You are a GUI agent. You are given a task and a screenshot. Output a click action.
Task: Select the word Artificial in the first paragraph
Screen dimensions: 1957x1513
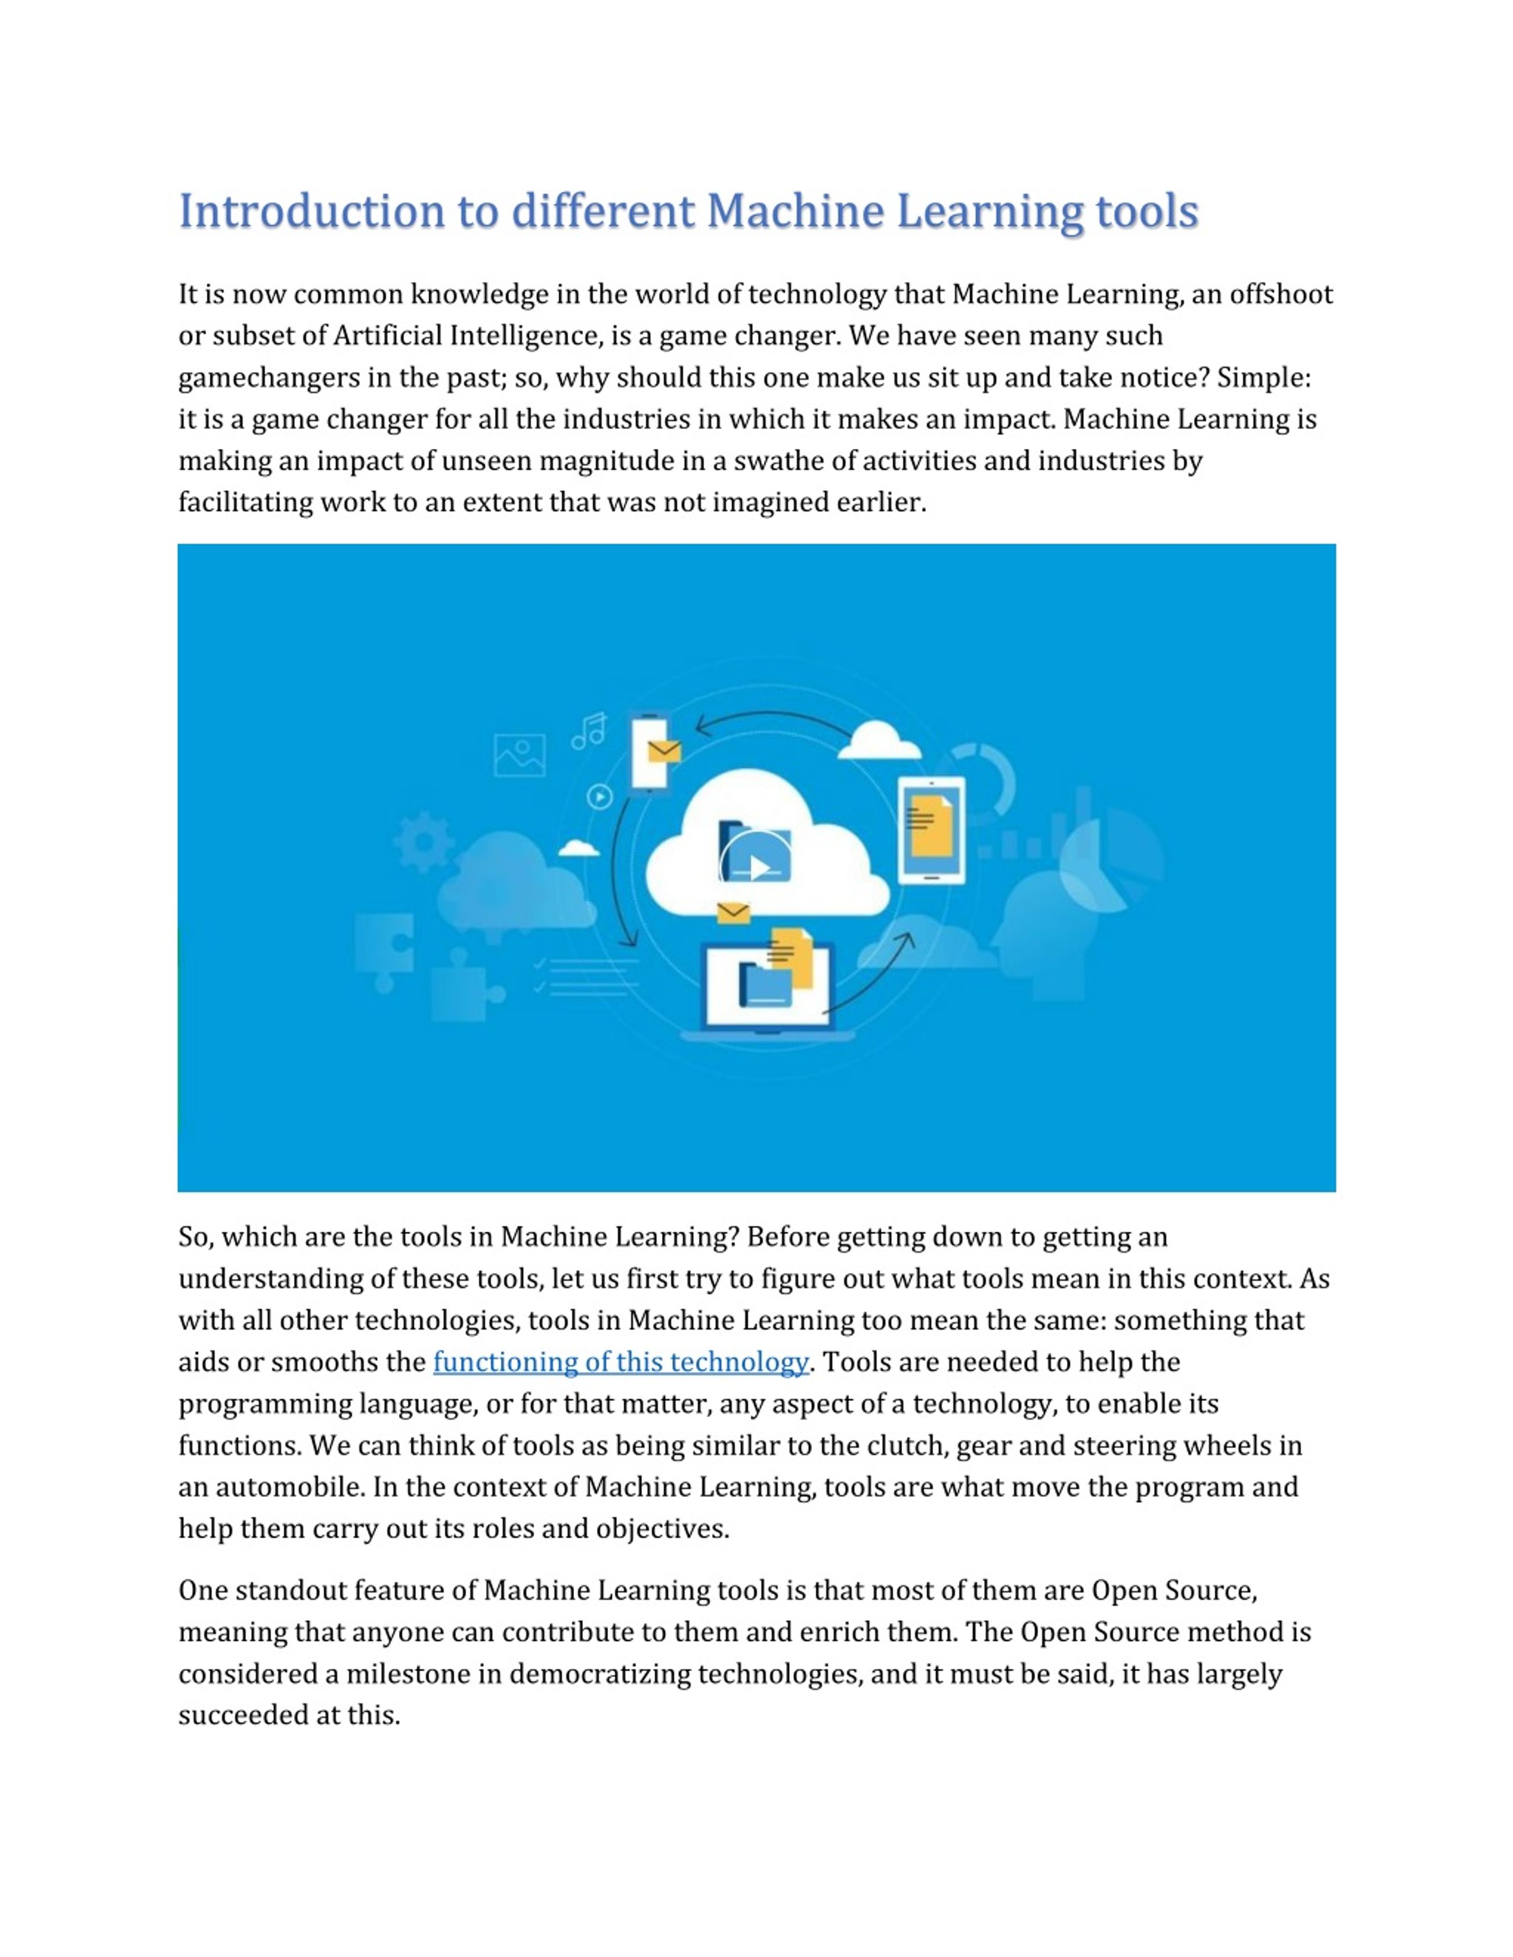pyautogui.click(x=388, y=336)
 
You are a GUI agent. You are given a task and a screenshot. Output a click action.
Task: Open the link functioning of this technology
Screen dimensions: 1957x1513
pyautogui.click(x=620, y=1362)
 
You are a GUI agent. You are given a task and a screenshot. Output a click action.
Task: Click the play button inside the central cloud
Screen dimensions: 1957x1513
pyautogui.click(x=758, y=867)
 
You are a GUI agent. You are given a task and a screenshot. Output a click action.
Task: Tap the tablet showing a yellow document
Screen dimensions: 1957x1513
pyautogui.click(x=931, y=830)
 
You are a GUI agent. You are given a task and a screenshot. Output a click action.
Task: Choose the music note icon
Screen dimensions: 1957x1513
pyautogui.click(x=589, y=731)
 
